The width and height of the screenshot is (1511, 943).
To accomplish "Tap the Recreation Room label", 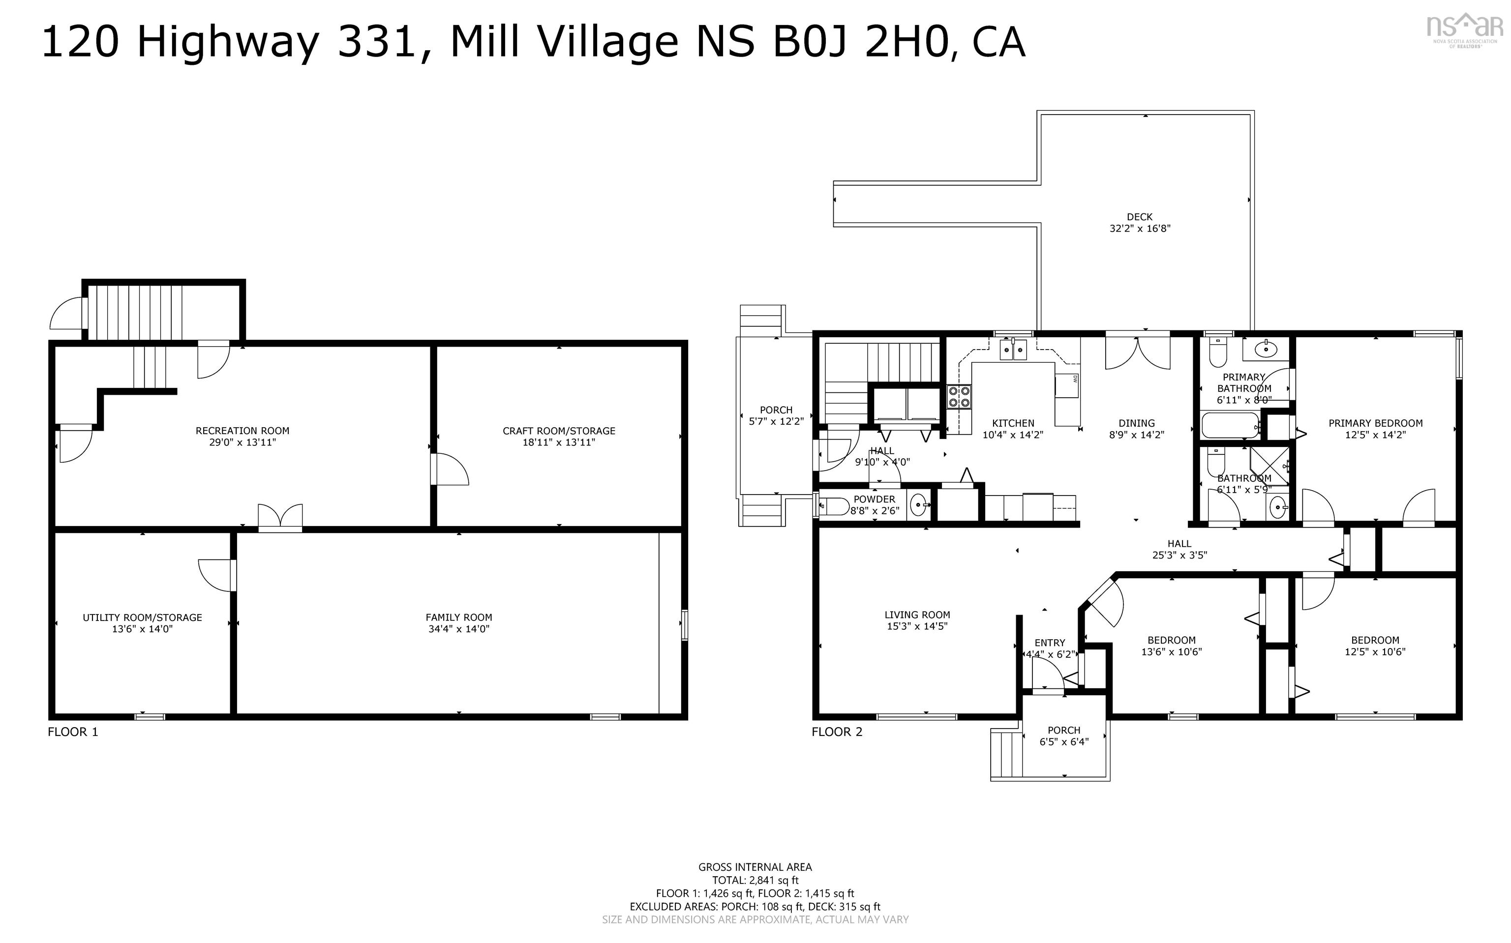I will (242, 430).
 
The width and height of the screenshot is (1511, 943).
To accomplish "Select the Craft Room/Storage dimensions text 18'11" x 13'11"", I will (558, 442).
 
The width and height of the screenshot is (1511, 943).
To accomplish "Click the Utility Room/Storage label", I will (142, 617).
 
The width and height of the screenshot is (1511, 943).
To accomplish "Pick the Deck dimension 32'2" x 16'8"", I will (1139, 228).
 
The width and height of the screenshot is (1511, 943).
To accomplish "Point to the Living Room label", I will (917, 614).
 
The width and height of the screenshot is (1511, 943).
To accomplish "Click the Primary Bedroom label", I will (1375, 423).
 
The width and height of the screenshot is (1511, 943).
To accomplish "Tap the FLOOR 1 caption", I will (73, 732).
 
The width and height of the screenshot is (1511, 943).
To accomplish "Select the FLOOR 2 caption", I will (837, 732).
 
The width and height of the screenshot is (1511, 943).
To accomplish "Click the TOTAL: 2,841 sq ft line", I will (755, 880).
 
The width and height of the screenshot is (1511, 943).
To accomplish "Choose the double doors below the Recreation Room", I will (280, 517).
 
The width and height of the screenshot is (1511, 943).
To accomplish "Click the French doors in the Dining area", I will (1137, 353).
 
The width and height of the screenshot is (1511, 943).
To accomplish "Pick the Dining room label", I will (1136, 423).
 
